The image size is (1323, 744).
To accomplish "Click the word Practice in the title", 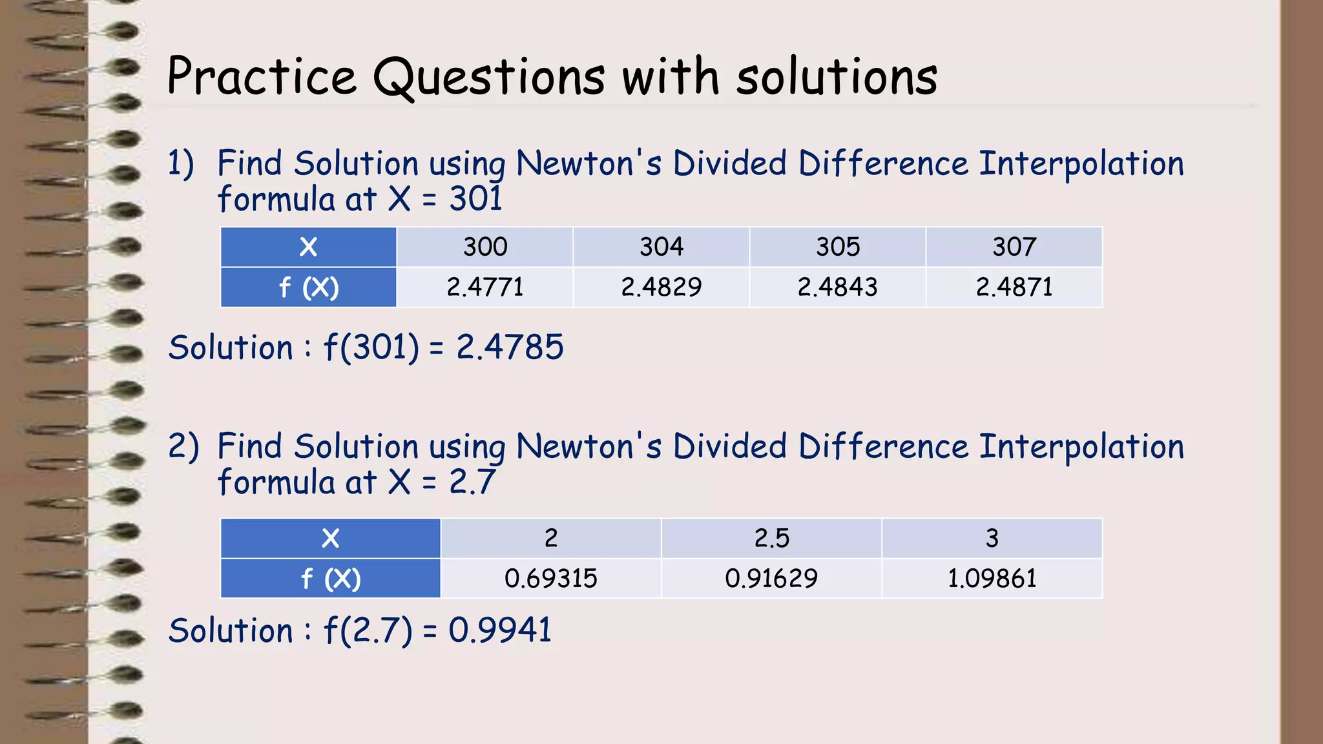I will [x=262, y=76].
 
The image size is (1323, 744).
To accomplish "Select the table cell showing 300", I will [x=485, y=247].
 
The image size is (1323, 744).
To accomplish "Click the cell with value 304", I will [x=661, y=247].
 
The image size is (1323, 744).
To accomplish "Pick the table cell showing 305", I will [x=838, y=247].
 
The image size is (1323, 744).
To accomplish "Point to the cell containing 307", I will [x=1014, y=247].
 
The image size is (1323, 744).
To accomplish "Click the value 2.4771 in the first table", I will [x=485, y=287].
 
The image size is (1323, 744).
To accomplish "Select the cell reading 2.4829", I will [x=661, y=287].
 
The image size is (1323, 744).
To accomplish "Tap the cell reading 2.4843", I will [x=838, y=287].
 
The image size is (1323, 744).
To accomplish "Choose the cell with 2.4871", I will [x=1014, y=287].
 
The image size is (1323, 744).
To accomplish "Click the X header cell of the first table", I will [x=309, y=247].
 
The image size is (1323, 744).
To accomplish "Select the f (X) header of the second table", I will [x=331, y=579].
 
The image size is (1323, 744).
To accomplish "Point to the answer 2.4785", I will [x=510, y=347].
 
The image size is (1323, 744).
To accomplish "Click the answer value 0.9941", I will [x=500, y=630].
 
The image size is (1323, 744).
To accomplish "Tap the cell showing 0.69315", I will [x=551, y=578].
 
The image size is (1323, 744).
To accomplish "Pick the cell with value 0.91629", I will [x=771, y=578].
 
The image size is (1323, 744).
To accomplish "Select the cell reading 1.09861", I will [x=992, y=578].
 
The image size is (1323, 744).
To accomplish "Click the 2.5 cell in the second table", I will [x=771, y=538].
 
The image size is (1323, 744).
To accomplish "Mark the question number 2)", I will [x=183, y=446].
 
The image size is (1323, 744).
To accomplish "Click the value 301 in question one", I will [x=476, y=198].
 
